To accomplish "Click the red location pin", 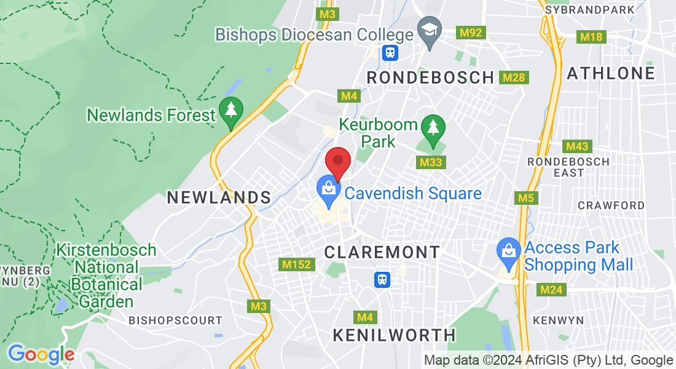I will (337, 162).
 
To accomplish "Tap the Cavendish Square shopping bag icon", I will (328, 189).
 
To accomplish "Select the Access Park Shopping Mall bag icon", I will (508, 251).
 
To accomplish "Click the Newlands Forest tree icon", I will (230, 111).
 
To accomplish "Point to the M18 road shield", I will (591, 37).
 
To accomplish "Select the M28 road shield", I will (513, 77).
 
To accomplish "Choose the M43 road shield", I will (577, 146).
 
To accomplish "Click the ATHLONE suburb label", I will (611, 74).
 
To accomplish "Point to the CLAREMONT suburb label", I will (382, 252).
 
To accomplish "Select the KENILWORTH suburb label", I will (395, 335).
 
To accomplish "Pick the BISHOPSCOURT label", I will (175, 320).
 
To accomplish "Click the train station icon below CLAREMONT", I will (382, 280).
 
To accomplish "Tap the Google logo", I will (41, 354).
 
